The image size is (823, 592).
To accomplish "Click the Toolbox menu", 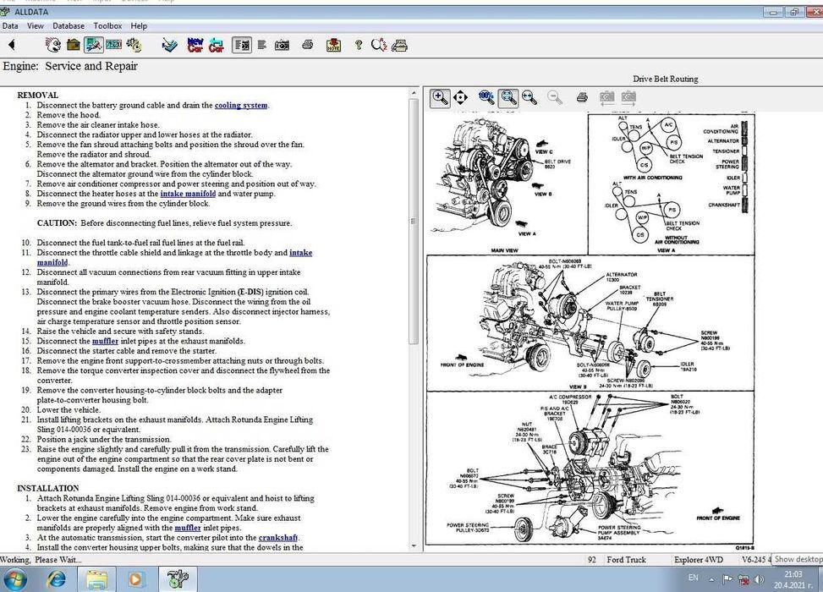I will coord(107,26).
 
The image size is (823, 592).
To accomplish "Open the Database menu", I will coord(69,26).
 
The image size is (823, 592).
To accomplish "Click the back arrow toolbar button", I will coord(12,45).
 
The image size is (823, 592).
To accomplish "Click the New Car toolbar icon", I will coord(195,45).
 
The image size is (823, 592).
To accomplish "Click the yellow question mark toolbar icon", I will coord(358,45).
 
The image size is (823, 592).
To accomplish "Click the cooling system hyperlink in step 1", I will coord(241,106).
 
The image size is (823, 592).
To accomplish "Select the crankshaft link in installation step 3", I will coord(278,538).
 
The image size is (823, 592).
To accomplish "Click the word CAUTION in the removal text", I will coord(56,223).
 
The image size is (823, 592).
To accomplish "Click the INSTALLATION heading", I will coord(48,488).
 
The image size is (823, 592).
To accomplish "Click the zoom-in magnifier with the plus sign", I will coord(440,97).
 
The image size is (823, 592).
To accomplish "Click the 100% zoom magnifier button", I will coord(486,97).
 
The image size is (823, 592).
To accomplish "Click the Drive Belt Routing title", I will coord(666,79).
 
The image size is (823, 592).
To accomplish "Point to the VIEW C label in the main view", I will coord(545,152).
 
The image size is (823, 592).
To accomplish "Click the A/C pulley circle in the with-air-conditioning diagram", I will coord(668,124).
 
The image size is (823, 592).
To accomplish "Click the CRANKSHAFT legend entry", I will coord(723,204).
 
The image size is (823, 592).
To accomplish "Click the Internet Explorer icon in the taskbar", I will coord(57,579).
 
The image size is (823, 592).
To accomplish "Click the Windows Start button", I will coord(16,579).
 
